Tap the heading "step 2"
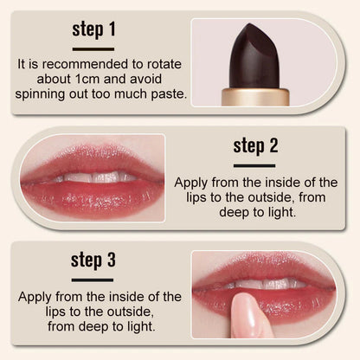tap(254, 145)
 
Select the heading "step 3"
tap(93, 260)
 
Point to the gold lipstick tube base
tap(255, 96)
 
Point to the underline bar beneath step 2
tap(254, 164)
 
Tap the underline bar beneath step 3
tap(93, 280)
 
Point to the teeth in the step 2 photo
tap(91, 177)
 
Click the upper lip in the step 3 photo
tap(260, 270)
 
